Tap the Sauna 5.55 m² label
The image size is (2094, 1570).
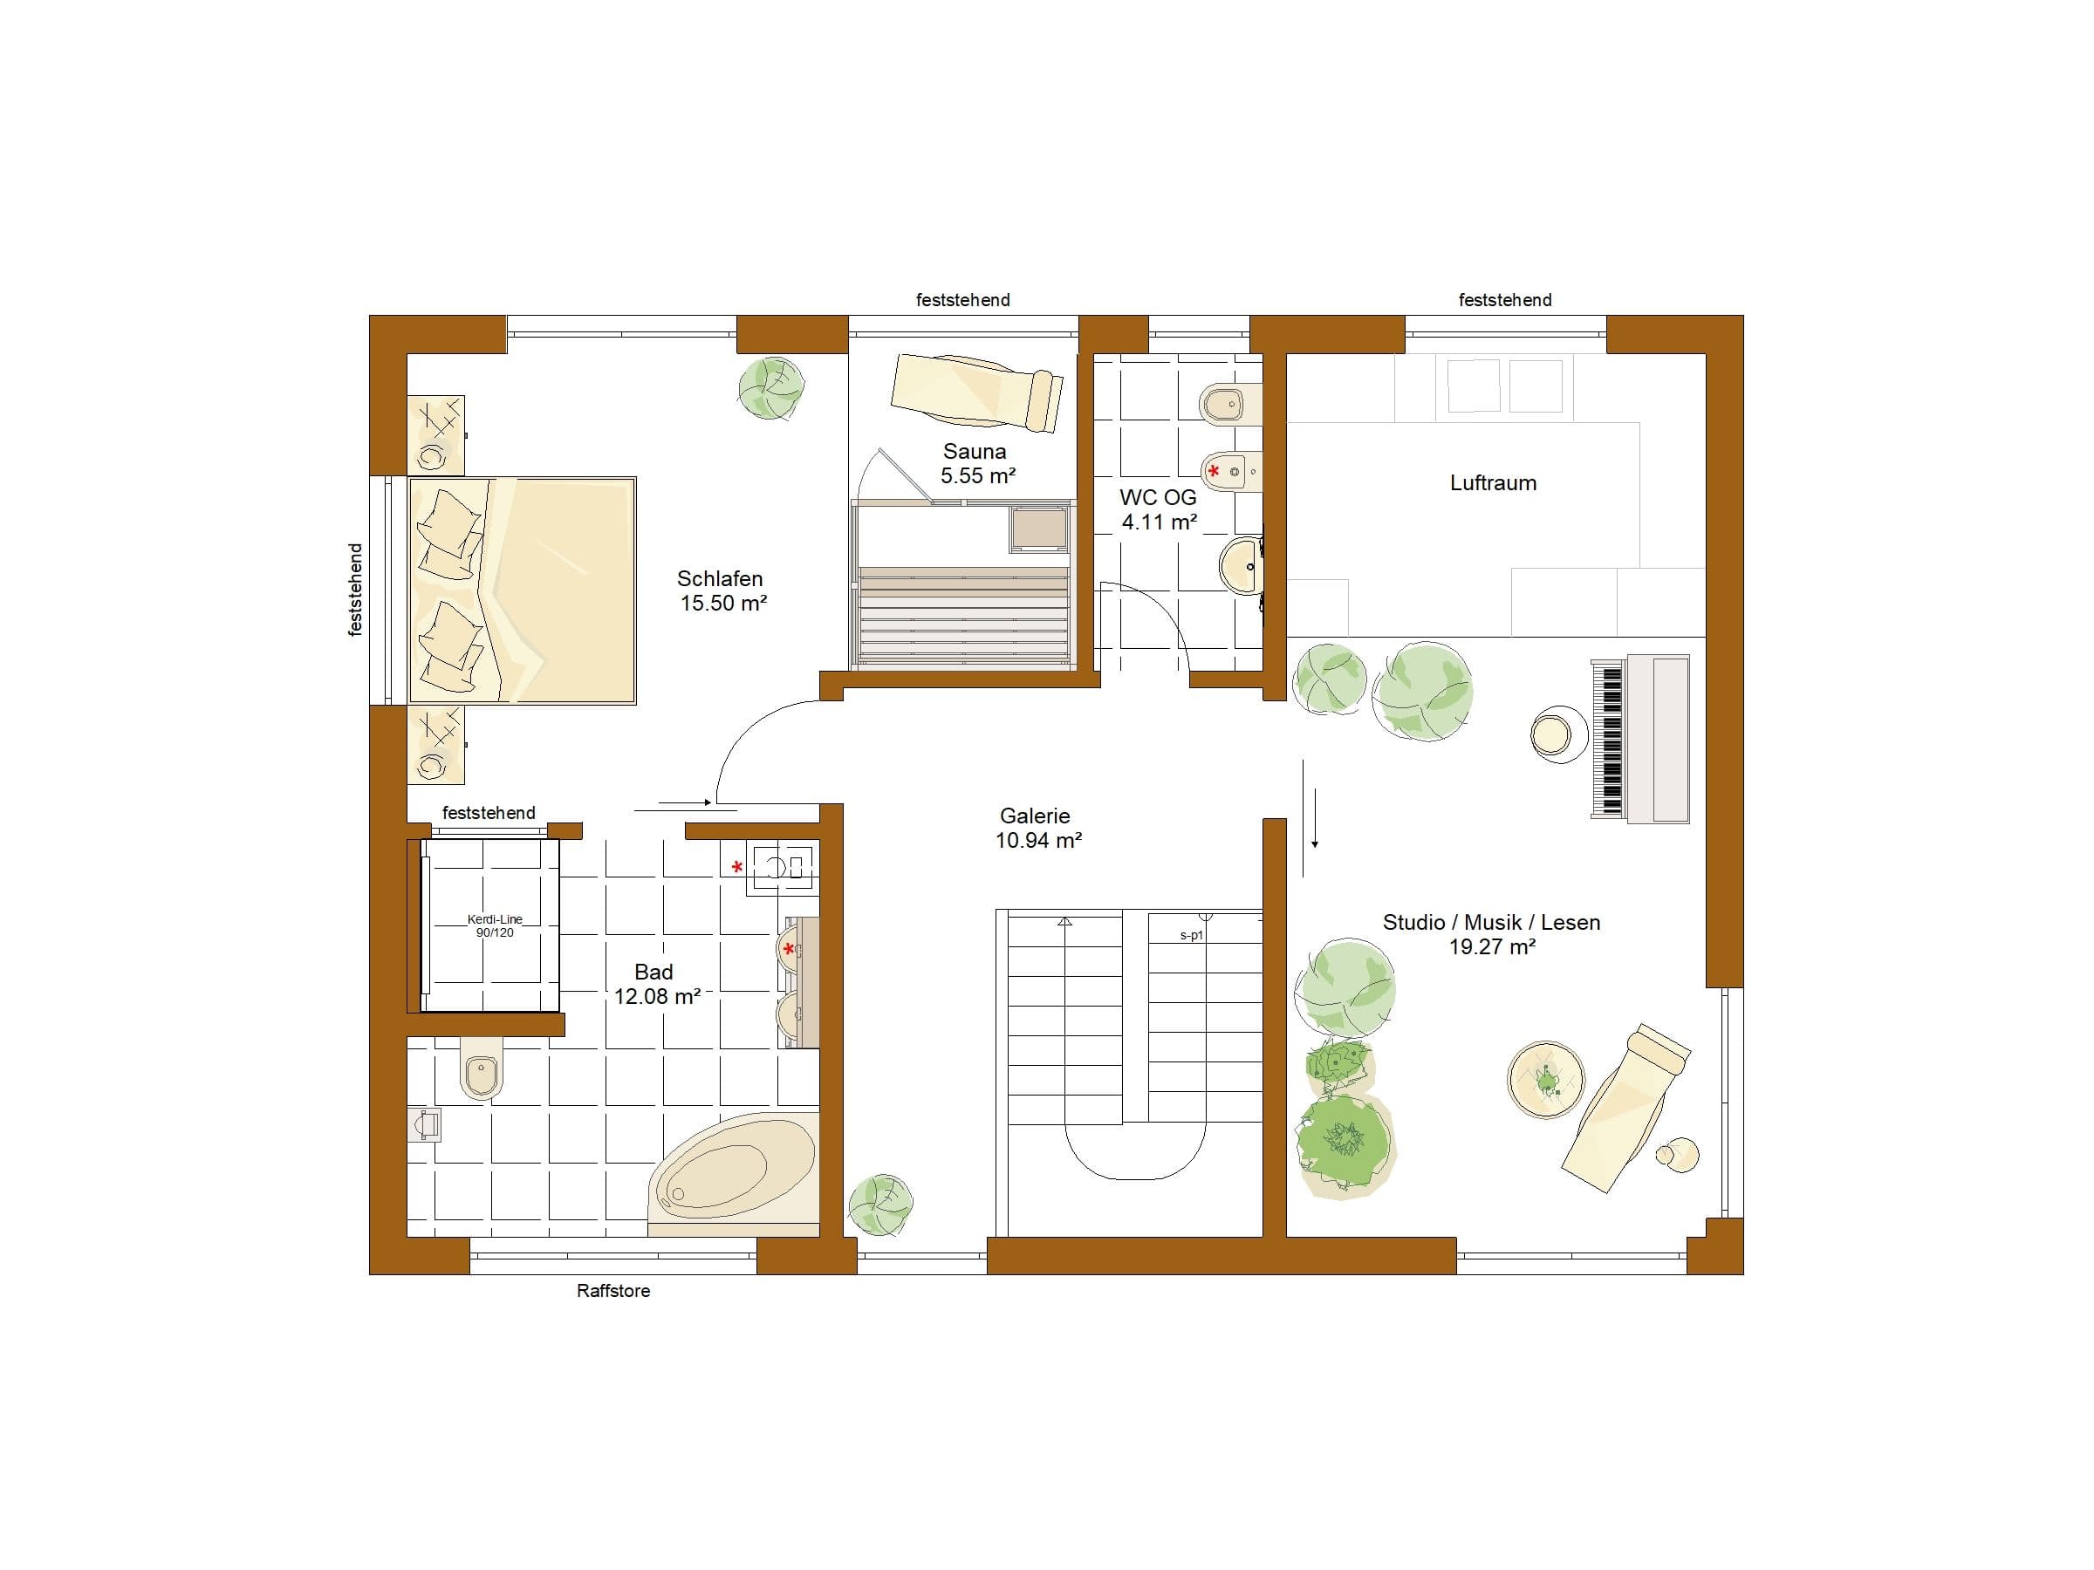pos(976,464)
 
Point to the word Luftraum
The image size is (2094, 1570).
pos(1493,482)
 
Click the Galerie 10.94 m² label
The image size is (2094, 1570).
pos(1037,827)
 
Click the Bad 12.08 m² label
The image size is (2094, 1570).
pos(656,983)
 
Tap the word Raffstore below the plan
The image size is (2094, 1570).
pos(613,1290)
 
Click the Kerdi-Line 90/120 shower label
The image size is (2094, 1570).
pos(495,925)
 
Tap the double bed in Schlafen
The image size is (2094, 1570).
pos(522,590)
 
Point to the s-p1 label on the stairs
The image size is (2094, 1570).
pos(1191,935)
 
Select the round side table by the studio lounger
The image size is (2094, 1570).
pos(1545,1080)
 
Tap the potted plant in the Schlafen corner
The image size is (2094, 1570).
pos(770,388)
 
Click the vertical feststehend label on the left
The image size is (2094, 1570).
pos(355,590)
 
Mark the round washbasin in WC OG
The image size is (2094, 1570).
pos(1241,566)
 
